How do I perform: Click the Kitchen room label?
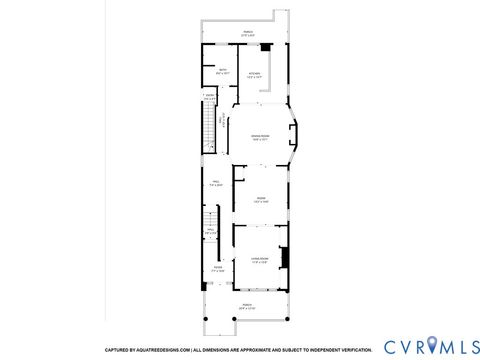(254, 73)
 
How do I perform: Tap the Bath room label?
(223, 71)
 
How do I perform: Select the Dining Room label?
(259, 138)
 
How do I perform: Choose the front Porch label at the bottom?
(247, 306)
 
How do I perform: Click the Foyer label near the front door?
(218, 268)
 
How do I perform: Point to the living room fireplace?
(284, 258)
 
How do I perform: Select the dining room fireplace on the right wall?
(291, 137)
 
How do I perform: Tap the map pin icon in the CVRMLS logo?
(432, 346)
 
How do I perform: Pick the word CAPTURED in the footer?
(116, 349)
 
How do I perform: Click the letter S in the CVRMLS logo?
(469, 346)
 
